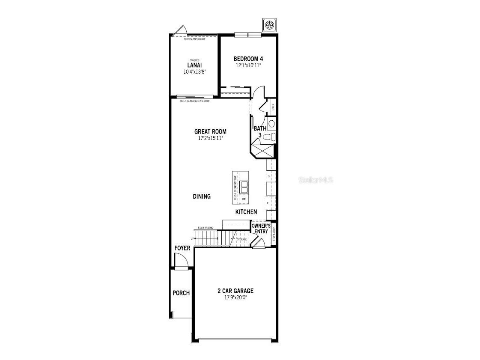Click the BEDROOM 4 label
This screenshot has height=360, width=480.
(248, 59)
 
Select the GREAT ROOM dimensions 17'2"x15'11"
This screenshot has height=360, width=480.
(210, 138)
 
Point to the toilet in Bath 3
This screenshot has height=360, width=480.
(269, 137)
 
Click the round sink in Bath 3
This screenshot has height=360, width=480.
(271, 124)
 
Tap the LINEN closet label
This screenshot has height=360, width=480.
(273, 107)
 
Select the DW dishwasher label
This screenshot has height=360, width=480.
(244, 199)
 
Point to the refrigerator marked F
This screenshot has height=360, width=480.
(268, 203)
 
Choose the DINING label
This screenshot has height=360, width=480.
(202, 196)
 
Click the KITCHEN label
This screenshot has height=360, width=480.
(246, 212)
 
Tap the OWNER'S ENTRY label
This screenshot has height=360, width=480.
(260, 228)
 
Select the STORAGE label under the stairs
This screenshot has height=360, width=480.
(242, 239)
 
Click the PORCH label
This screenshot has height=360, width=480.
(181, 293)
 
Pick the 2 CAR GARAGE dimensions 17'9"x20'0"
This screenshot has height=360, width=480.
(235, 297)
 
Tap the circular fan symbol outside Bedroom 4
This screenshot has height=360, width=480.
(270, 25)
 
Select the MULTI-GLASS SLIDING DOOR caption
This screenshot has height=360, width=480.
(195, 101)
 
